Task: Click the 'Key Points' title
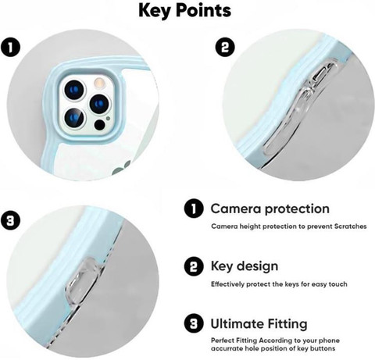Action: [x=184, y=10]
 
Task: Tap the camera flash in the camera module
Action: [x=100, y=83]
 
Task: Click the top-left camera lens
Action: [x=74, y=90]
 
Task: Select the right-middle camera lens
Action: [x=99, y=104]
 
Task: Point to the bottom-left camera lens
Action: [x=74, y=118]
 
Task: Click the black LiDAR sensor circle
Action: [x=99, y=125]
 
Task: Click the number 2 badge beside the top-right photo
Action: [x=225, y=47]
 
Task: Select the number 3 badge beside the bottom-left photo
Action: [x=10, y=221]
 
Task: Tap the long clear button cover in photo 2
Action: [x=299, y=109]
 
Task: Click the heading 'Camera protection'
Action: [x=270, y=209]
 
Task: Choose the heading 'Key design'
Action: [x=245, y=266]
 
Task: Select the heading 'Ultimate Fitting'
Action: [x=259, y=324]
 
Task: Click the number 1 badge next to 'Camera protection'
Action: [x=194, y=209]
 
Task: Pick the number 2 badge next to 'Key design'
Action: [x=194, y=266]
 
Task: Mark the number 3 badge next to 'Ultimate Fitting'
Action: [x=194, y=324]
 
